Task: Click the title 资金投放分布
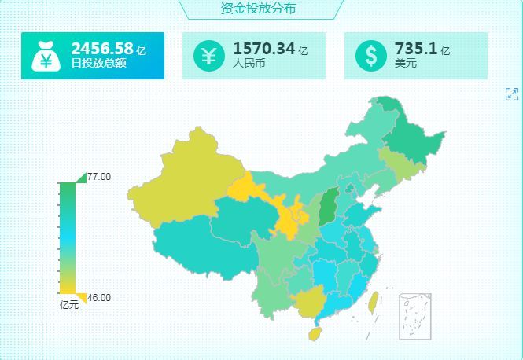[x=260, y=9]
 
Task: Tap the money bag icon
[x=46, y=56]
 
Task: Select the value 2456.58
[x=101, y=49]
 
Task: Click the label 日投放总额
[x=98, y=64]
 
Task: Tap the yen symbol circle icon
[x=209, y=56]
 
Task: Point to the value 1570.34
[x=263, y=49]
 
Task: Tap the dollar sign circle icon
[x=370, y=56]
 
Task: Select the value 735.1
[x=416, y=49]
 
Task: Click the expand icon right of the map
[x=512, y=94]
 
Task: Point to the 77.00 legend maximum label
[x=99, y=177]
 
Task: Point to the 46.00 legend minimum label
[x=99, y=298]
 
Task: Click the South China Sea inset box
[x=415, y=316]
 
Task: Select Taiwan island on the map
[x=374, y=301]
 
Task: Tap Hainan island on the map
[x=314, y=333]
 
